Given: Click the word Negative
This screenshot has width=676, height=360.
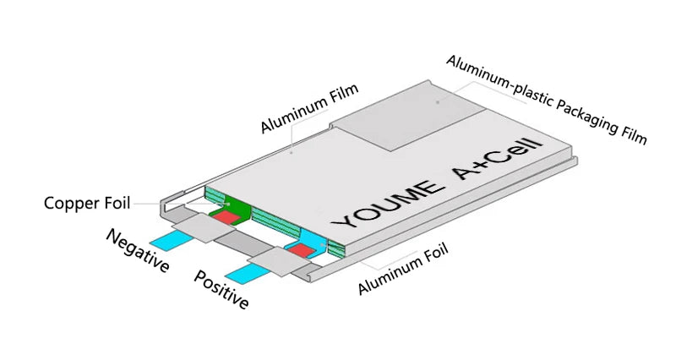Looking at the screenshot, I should coord(138,250).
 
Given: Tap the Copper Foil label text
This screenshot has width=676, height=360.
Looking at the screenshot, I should coord(88,204).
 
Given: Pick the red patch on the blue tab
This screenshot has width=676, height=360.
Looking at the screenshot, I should coord(300,250).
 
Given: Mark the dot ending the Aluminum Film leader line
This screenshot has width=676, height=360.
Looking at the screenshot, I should coord(292,154).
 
